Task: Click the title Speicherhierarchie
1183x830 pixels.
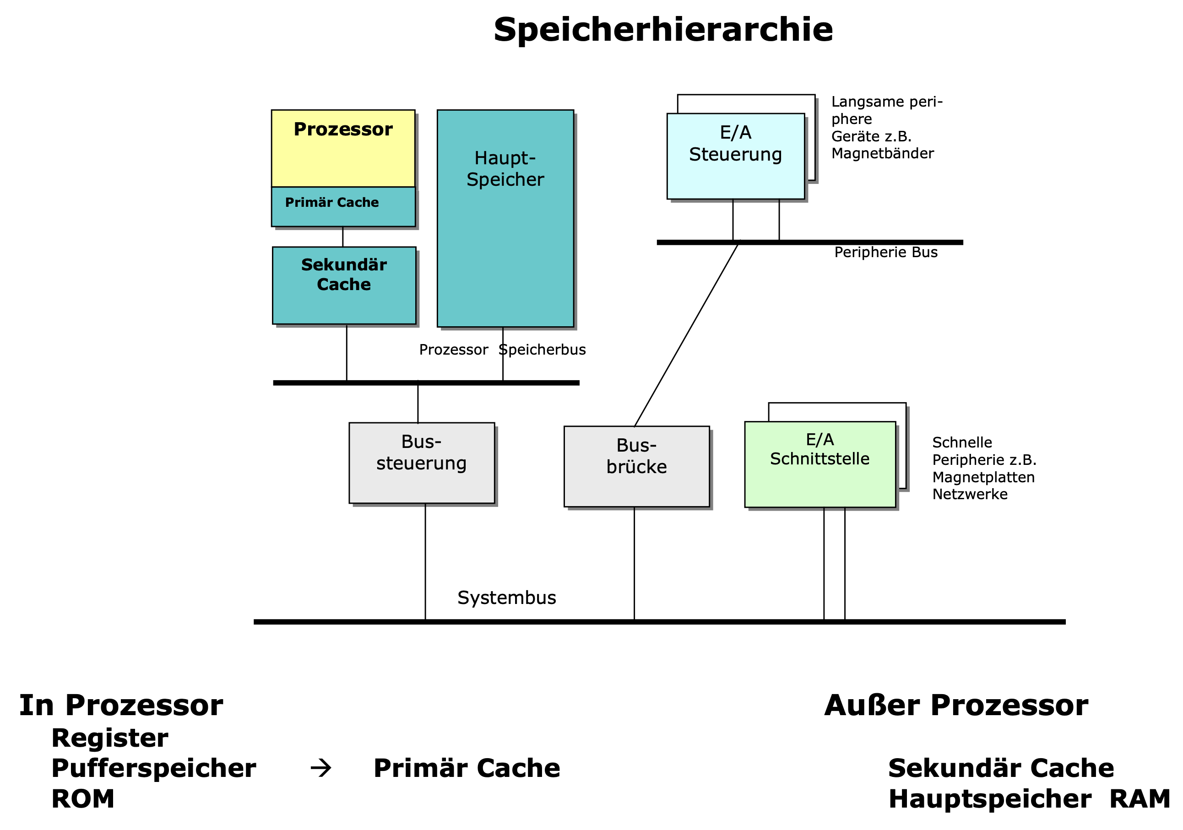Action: click(x=662, y=30)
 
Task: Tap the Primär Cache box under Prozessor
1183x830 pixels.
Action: click(x=343, y=206)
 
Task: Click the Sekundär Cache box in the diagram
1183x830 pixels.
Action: click(x=344, y=286)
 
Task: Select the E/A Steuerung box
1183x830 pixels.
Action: click(x=735, y=156)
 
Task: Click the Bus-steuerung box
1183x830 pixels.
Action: click(x=422, y=463)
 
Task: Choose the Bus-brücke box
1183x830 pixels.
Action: click(x=636, y=467)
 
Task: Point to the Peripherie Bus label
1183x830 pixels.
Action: click(x=886, y=252)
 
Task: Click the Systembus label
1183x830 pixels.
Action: click(x=506, y=598)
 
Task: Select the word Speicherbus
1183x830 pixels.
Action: click(x=543, y=350)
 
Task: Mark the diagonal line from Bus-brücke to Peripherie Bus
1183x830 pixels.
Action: click(x=686, y=334)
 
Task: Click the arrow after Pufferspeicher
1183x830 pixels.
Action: click(x=321, y=768)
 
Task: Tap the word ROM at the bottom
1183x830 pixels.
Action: click(x=82, y=799)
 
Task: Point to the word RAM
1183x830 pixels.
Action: click(x=1139, y=799)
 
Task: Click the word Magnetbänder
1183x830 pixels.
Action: click(x=882, y=153)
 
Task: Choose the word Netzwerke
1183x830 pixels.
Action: click(x=970, y=494)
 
